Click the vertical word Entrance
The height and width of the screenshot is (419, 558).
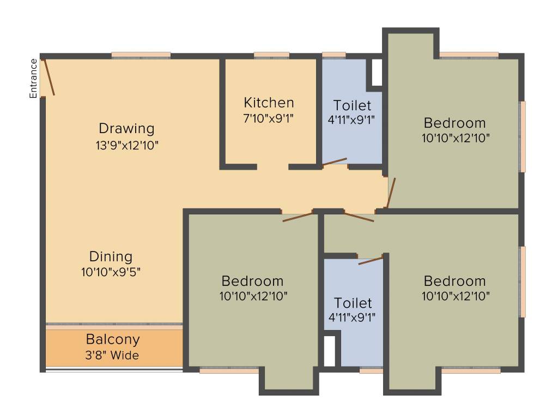click(x=34, y=79)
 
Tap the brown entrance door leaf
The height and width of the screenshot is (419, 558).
click(x=49, y=77)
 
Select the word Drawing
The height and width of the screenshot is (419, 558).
click(x=126, y=129)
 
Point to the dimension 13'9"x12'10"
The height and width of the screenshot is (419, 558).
click(x=126, y=145)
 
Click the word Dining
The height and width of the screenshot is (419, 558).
click(x=111, y=256)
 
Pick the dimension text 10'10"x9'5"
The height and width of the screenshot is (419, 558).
click(x=111, y=272)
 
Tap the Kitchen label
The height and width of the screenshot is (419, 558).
click(x=269, y=103)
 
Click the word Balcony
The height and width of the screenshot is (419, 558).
click(x=113, y=339)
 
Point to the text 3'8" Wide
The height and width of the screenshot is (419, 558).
click(x=113, y=356)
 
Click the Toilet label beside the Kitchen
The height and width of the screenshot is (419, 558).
click(x=352, y=105)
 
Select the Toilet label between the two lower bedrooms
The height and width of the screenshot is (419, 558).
click(x=353, y=303)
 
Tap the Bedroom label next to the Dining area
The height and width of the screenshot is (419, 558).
click(x=252, y=281)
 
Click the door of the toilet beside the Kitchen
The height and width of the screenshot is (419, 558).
click(x=335, y=161)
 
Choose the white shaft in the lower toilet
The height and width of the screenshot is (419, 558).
click(x=329, y=351)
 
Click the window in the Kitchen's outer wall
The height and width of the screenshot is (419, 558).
click(x=271, y=55)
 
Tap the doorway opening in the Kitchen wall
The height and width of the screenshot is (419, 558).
click(x=272, y=166)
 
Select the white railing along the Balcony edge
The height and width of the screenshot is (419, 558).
click(x=114, y=370)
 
